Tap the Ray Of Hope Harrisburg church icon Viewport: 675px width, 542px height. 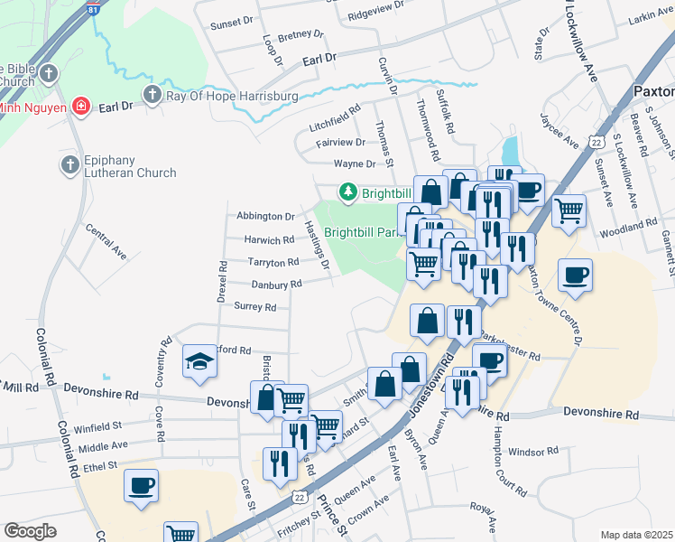[153, 95]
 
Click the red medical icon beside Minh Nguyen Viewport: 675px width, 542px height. [81, 107]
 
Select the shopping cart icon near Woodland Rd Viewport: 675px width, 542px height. [569, 211]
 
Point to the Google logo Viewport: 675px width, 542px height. [30, 531]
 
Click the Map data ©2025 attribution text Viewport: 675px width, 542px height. [636, 535]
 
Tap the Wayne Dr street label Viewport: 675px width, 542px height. [354, 164]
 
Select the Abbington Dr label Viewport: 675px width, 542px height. [265, 217]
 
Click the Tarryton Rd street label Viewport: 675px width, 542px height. [273, 262]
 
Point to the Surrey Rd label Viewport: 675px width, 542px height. [254, 307]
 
